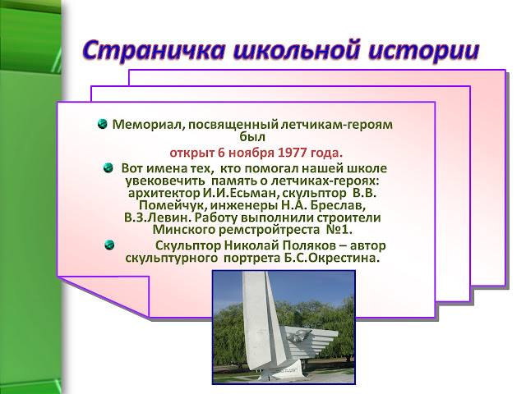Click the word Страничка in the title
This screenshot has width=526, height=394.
(154, 50)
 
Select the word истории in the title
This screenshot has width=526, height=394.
(423, 50)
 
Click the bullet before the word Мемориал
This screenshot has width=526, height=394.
(102, 124)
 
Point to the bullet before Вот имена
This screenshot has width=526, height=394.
(108, 167)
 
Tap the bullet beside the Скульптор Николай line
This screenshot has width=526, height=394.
(109, 245)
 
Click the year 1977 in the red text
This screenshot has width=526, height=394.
(293, 153)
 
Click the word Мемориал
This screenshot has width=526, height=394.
(148, 124)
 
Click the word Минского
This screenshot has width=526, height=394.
(184, 230)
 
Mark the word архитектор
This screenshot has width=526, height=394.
(164, 194)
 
